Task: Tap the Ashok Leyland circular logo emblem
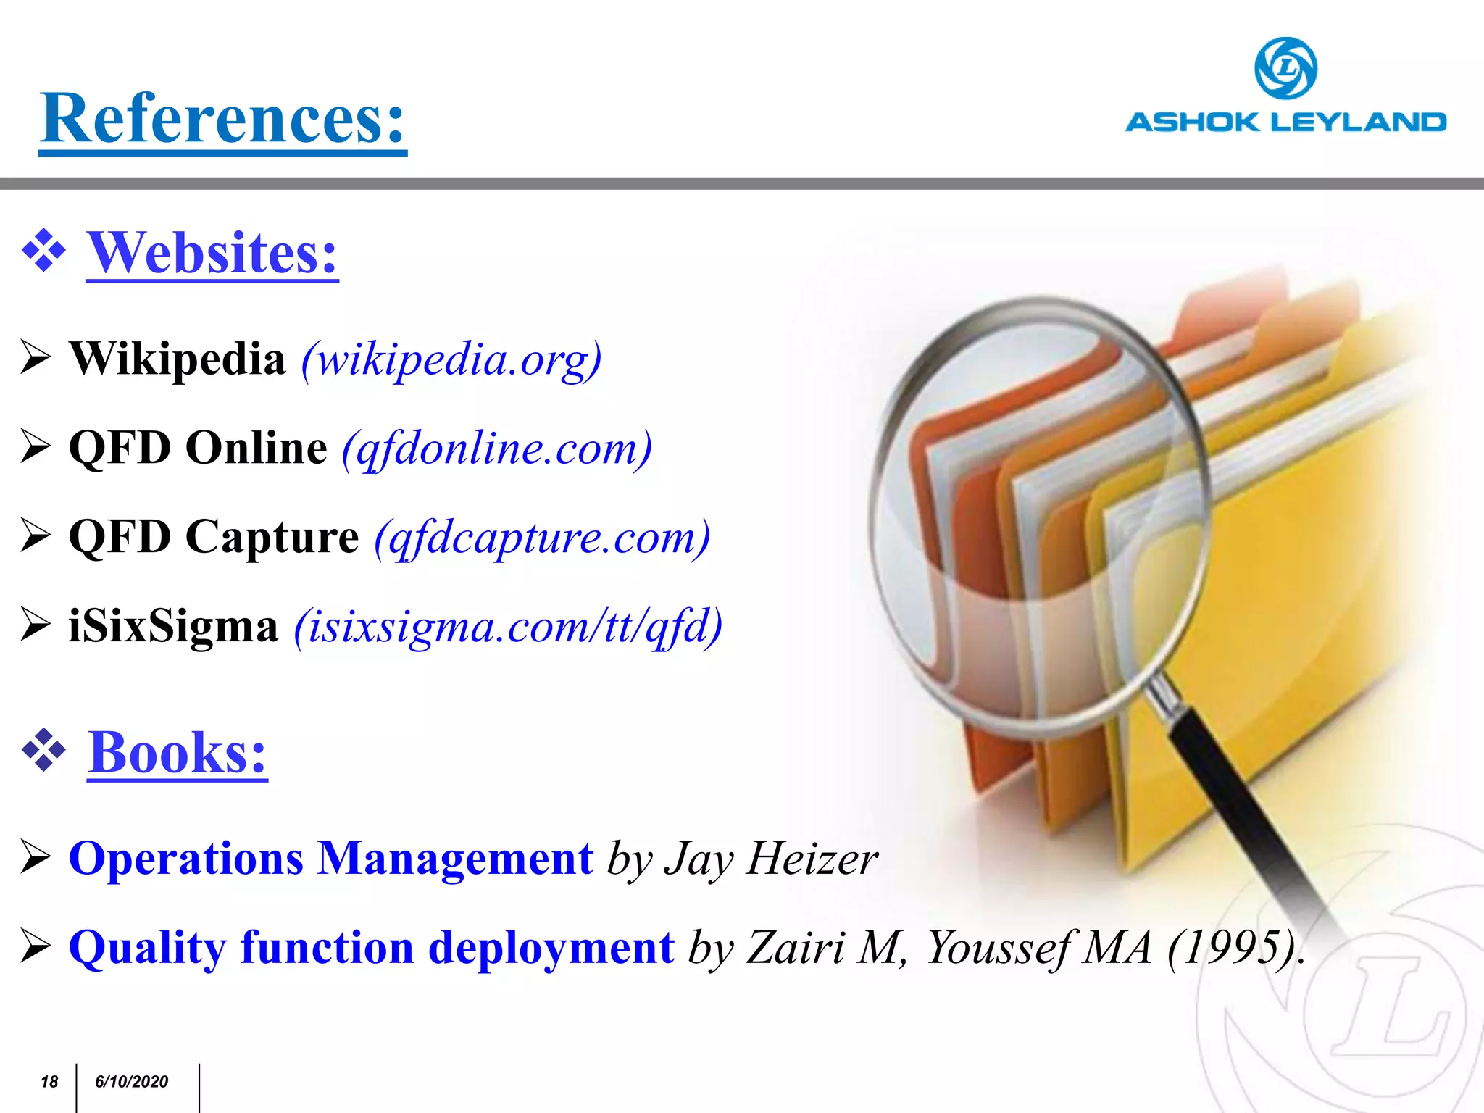point(1285,68)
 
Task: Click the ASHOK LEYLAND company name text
point(1285,122)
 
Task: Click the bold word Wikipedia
point(178,358)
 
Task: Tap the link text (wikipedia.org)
point(451,359)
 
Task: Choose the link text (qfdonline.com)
point(497,448)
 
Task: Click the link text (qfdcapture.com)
point(542,538)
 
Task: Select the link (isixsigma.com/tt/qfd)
point(508,626)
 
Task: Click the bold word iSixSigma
point(173,625)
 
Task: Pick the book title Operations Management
point(331,859)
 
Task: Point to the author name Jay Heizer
point(772,859)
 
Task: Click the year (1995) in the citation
point(1231,947)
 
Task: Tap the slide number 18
point(49,1082)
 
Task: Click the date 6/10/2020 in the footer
point(131,1082)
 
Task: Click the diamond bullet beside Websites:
point(44,251)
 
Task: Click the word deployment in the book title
point(551,948)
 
